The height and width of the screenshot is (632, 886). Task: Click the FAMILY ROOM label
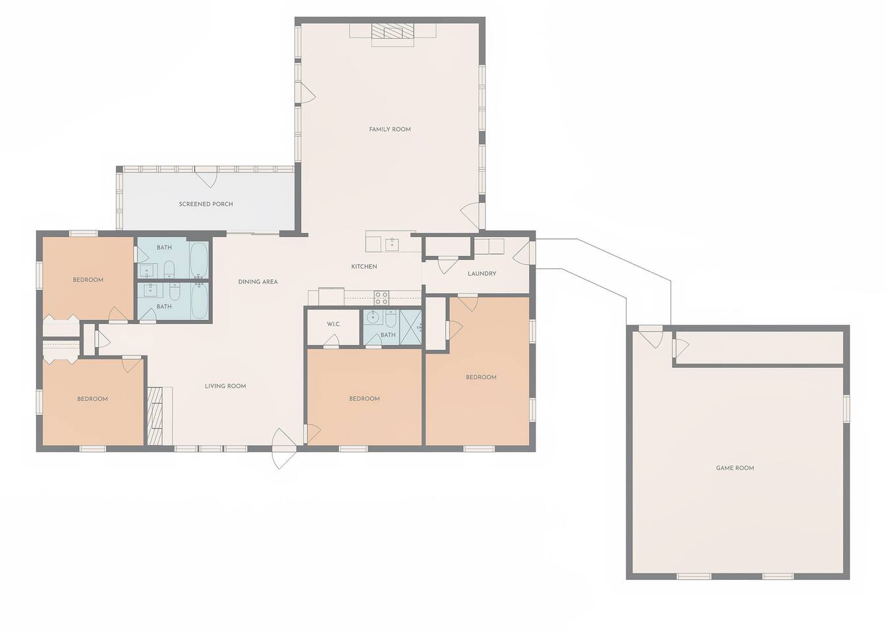[389, 129]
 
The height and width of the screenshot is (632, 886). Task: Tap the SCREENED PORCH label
[206, 204]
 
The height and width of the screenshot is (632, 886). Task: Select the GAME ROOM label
[735, 468]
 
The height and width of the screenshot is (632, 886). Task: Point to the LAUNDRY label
[482, 273]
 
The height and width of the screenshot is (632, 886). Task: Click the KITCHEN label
[364, 267]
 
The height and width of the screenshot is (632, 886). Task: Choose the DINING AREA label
[258, 282]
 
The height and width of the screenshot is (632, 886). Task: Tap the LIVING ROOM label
[225, 386]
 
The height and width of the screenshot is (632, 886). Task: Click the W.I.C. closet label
[333, 324]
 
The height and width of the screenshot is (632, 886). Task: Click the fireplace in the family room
[393, 31]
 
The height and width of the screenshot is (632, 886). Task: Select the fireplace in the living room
[155, 416]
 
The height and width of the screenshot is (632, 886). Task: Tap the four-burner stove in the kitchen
[381, 298]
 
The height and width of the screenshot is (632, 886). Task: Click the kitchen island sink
[393, 244]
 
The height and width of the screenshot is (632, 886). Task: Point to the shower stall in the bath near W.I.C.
[410, 328]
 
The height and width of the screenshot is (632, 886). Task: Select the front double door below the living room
[284, 448]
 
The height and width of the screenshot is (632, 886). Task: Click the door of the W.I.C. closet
[331, 341]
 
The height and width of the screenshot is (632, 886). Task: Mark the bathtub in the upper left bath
[198, 259]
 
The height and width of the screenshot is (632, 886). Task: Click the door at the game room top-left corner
[651, 337]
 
